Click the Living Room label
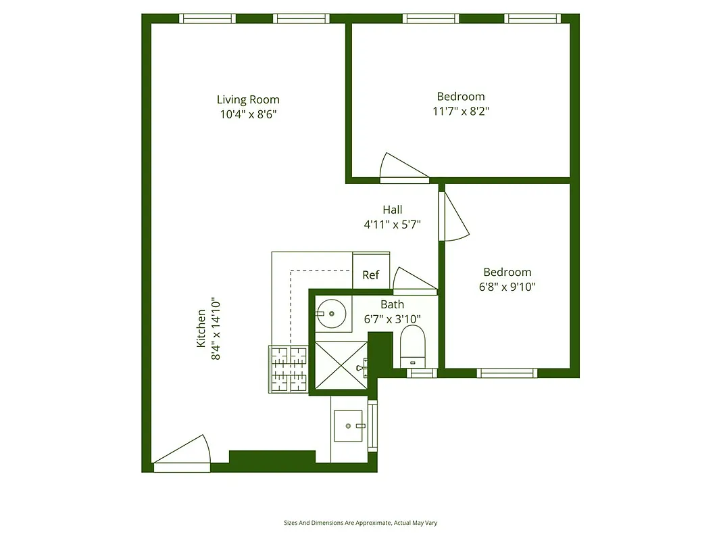pyautogui.click(x=248, y=99)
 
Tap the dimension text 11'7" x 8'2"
pyautogui.click(x=460, y=111)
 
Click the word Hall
pyautogui.click(x=392, y=210)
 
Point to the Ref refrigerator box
pyautogui.click(x=371, y=275)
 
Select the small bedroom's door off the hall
pyautogui.click(x=453, y=217)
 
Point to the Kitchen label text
pyautogui.click(x=208, y=329)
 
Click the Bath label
pyautogui.click(x=392, y=305)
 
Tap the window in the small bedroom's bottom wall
pyautogui.click(x=507, y=373)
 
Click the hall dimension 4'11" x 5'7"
pyautogui.click(x=393, y=225)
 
